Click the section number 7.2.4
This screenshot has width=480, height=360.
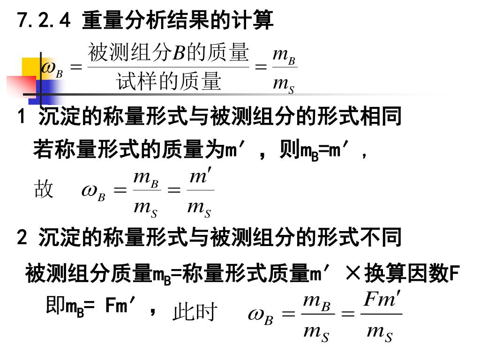[43, 21]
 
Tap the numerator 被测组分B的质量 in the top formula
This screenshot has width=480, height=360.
[168, 52]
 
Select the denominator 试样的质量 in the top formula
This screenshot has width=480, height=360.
[168, 82]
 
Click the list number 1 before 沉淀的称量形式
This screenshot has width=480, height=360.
[21, 117]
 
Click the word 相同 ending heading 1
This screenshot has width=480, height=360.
[384, 116]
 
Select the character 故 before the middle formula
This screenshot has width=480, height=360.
[44, 190]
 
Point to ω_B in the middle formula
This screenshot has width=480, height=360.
[93, 192]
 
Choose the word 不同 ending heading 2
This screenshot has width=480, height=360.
[384, 238]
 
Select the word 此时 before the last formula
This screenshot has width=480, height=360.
[195, 312]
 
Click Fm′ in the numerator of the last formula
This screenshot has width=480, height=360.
[382, 300]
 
